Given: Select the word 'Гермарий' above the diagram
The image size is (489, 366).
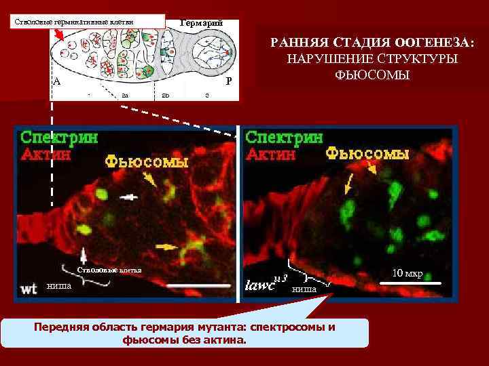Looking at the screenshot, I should point(201,22).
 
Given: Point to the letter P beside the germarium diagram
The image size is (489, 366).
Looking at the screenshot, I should point(229,81).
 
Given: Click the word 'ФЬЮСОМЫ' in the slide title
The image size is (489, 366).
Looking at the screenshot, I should point(373,73).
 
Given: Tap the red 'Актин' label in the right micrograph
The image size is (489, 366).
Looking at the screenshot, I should point(270,154).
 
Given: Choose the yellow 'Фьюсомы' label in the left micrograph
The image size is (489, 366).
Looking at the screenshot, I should point(145,163).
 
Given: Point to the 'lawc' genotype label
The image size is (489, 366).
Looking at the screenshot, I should point(261,285).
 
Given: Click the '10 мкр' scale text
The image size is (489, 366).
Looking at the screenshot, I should point(408,274).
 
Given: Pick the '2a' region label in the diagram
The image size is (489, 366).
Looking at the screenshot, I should point(125,95).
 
